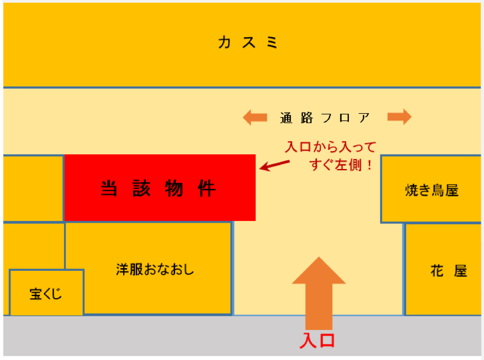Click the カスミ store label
[248, 42]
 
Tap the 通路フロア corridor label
[325, 118]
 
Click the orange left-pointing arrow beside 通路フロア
[255, 117]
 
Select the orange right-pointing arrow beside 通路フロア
[400, 117]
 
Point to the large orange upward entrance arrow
[319, 293]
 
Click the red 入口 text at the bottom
[318, 341]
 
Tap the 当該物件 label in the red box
[158, 188]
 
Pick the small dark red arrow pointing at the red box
[274, 165]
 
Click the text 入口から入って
[330, 147]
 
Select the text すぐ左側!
[342, 165]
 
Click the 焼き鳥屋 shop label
[432, 190]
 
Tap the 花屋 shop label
[448, 271]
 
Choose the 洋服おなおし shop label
[155, 269]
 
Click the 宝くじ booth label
[46, 294]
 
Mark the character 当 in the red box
[109, 188]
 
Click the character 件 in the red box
[207, 188]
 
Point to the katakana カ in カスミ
[224, 42]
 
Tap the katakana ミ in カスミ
[272, 42]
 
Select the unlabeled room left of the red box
[33, 189]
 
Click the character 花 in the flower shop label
[437, 271]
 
